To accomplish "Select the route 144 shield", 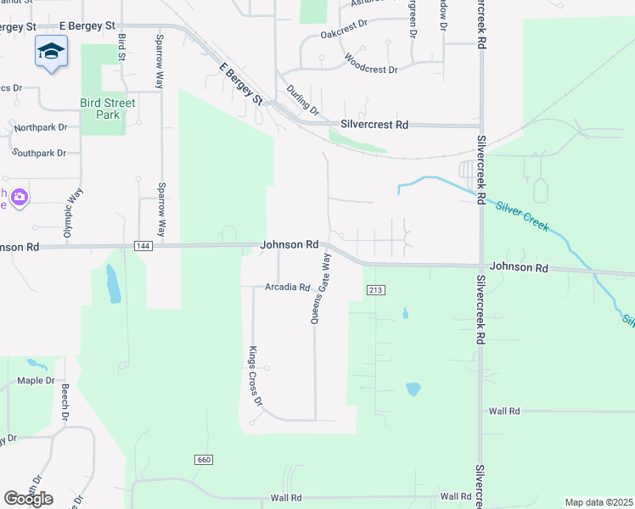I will point(143,245).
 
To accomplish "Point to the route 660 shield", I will point(203,459).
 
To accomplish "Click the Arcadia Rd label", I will point(287,287).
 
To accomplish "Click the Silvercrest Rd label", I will point(374,124).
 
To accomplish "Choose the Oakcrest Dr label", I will point(343,35).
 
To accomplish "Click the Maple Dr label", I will point(36,381).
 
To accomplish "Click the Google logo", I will point(28,498).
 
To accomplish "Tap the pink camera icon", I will point(19,198).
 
